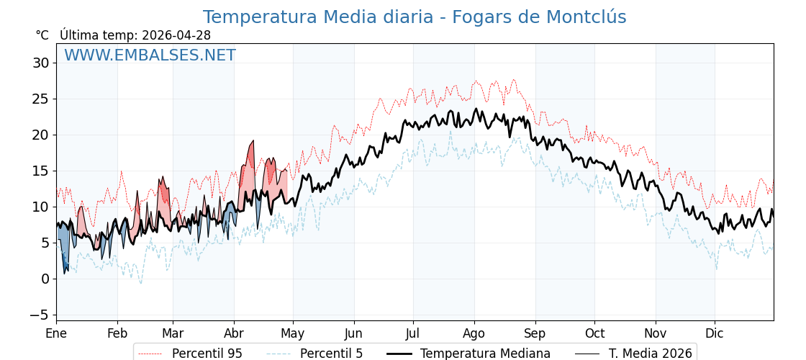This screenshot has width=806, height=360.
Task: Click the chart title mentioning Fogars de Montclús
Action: pos(414,17)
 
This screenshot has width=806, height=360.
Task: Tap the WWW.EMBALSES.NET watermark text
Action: pos(150,55)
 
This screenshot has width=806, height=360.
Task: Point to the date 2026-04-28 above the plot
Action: pos(176,35)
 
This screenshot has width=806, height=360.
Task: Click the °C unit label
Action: pos(42,35)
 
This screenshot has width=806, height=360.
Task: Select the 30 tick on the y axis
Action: pos(40,63)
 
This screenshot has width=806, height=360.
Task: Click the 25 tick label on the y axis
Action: pos(40,99)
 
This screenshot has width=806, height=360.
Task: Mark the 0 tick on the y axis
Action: pos(45,279)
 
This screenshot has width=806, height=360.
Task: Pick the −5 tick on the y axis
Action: pos(39,315)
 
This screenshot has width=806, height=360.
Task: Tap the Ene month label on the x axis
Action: pos(56,333)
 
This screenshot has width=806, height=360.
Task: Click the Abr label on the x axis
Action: pos(234,333)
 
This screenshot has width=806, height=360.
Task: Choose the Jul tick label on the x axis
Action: pos(413,333)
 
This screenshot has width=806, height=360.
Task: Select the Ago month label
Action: pos(474,333)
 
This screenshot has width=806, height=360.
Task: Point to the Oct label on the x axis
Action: pos(594,333)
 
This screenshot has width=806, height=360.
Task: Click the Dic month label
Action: pos(715,333)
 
